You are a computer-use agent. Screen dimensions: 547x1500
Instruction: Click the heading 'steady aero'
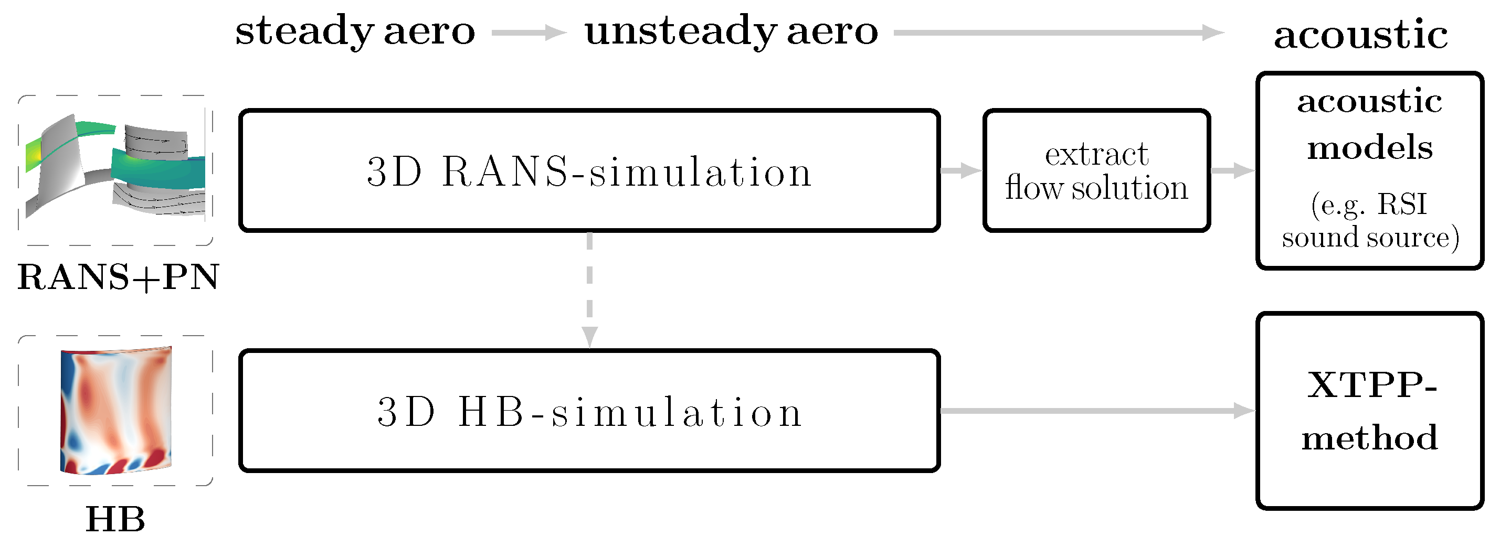coord(355,31)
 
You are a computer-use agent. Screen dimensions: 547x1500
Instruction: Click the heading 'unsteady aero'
coord(731,31)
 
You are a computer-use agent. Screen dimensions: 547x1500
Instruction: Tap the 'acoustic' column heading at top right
coord(1360,35)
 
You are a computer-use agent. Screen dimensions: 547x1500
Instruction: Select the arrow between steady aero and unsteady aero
coord(529,33)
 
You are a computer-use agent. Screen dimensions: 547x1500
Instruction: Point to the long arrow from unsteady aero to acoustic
coord(1059,33)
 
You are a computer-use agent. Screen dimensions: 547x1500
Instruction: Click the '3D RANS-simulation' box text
coord(589,171)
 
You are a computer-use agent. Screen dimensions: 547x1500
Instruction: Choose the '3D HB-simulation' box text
coord(589,412)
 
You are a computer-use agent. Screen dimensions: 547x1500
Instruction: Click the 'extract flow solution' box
coord(1096,171)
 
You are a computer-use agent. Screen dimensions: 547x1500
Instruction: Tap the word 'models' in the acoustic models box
coord(1369,148)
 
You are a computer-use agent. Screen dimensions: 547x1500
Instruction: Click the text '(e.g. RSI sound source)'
coord(1369,221)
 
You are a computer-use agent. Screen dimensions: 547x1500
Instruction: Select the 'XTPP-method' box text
coord(1369,411)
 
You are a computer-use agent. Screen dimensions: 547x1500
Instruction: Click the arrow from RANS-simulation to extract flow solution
coord(961,170)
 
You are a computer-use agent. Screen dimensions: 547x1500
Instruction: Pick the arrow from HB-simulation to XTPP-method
coord(1097,411)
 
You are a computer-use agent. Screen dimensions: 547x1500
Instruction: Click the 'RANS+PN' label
coord(118,277)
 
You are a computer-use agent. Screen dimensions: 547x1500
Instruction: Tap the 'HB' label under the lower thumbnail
coord(115,519)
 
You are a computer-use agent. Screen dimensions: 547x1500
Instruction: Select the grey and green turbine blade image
coord(115,169)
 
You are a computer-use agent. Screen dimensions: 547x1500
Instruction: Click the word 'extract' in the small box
coord(1096,155)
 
